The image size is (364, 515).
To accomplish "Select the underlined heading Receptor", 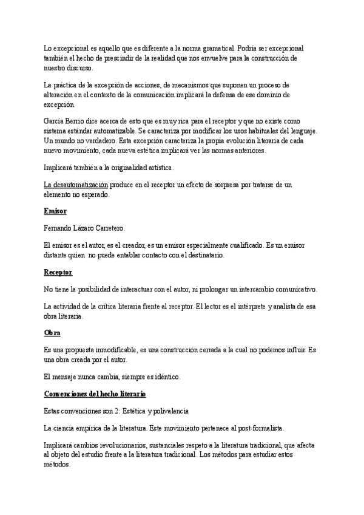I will tap(58, 272).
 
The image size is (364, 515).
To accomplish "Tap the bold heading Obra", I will tap(52, 333).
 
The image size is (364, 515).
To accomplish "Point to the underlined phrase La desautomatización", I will tap(76, 184).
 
